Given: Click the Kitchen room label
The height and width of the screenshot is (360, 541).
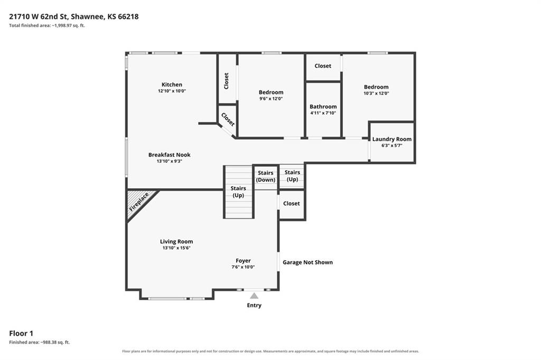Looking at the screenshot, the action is [x=172, y=85].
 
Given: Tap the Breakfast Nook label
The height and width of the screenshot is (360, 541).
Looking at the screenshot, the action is [x=170, y=155].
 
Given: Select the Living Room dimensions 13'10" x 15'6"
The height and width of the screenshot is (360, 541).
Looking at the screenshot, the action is [x=176, y=248].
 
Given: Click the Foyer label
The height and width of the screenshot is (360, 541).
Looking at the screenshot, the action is [x=243, y=261].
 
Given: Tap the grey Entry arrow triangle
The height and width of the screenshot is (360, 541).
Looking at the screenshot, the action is [x=254, y=296].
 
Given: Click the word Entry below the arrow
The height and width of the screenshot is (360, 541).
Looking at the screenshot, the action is [x=254, y=305].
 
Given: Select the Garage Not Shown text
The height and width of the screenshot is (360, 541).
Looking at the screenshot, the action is [x=308, y=262].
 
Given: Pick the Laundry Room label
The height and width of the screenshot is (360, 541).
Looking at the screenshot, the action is [x=392, y=139].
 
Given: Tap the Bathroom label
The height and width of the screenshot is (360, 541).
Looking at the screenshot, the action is [x=323, y=107].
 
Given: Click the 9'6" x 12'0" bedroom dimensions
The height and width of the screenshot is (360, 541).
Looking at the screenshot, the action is [x=271, y=98].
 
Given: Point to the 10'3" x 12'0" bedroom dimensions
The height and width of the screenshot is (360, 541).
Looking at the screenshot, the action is [x=376, y=93].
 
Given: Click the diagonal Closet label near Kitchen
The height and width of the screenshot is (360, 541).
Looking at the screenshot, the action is [x=228, y=119].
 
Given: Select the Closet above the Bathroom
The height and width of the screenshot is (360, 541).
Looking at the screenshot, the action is [x=323, y=66].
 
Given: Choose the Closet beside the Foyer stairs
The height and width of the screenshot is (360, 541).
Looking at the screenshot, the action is [x=292, y=204].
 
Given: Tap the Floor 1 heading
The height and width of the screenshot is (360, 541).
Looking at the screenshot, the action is [x=21, y=334].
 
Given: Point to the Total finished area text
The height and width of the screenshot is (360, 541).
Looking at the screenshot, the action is [x=47, y=25].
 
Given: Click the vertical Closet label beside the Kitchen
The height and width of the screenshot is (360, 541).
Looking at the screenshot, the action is [x=226, y=81].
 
